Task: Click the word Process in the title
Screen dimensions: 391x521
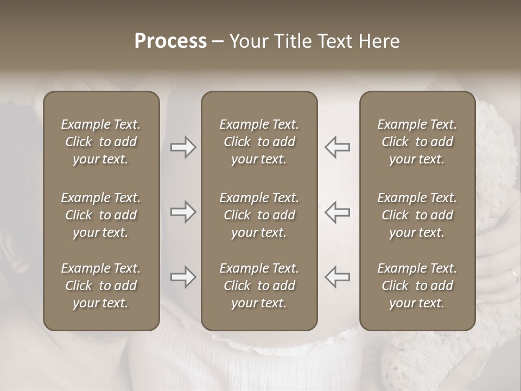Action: pyautogui.click(x=170, y=41)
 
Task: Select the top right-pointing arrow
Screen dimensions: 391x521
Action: pyautogui.click(x=183, y=147)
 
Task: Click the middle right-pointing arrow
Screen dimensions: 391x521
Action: pyautogui.click(x=183, y=212)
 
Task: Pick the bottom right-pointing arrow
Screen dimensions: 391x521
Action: pyautogui.click(x=183, y=277)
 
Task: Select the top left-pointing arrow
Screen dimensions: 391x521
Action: pyautogui.click(x=337, y=147)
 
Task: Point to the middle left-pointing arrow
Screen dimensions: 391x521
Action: pyautogui.click(x=337, y=212)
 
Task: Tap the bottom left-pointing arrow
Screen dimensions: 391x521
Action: pyautogui.click(x=337, y=277)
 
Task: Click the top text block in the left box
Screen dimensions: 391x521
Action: pyautogui.click(x=101, y=142)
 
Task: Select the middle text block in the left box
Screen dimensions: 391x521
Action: pyautogui.click(x=101, y=215)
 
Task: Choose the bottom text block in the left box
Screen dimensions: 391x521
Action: pyautogui.click(x=101, y=286)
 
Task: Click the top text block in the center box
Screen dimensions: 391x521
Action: pyautogui.click(x=259, y=142)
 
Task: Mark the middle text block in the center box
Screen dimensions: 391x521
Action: pyautogui.click(x=259, y=215)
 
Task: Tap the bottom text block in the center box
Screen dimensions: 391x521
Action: pyautogui.click(x=259, y=286)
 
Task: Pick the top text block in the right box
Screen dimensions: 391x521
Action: pyautogui.click(x=417, y=142)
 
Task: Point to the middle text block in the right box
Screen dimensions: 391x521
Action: pyautogui.click(x=417, y=215)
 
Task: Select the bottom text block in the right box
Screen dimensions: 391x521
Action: pyautogui.click(x=417, y=286)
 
